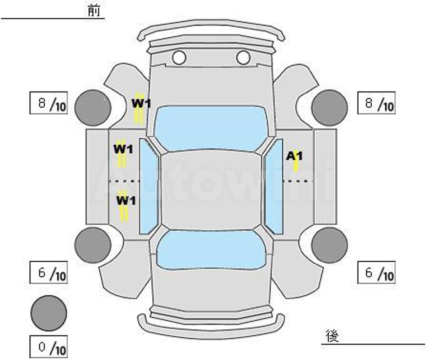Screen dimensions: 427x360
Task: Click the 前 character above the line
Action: [94, 10]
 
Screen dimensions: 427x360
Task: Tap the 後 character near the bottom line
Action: [332, 336]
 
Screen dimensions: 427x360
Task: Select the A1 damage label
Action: [294, 156]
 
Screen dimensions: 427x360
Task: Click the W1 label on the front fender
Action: [141, 103]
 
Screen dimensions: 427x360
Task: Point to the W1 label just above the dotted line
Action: [123, 149]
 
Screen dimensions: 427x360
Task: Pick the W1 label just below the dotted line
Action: [126, 200]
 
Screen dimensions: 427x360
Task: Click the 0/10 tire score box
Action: [48, 347]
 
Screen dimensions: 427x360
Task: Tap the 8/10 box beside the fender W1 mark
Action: [48, 103]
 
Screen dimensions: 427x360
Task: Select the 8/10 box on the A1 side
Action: [376, 103]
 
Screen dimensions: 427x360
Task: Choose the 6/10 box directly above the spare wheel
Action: [48, 272]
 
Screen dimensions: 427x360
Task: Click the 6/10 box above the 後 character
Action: [376, 272]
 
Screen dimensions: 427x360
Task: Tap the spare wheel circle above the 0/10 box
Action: [48, 313]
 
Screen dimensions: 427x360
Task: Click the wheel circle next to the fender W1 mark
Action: [93, 108]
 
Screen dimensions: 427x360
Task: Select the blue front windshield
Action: [211, 128]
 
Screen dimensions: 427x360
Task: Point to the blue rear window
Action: [211, 250]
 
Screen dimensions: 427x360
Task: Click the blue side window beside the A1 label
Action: [274, 186]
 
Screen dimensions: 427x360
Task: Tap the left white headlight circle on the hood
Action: [179, 57]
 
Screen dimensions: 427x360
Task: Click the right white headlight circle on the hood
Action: [243, 57]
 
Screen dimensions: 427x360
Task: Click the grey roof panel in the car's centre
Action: [211, 190]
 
